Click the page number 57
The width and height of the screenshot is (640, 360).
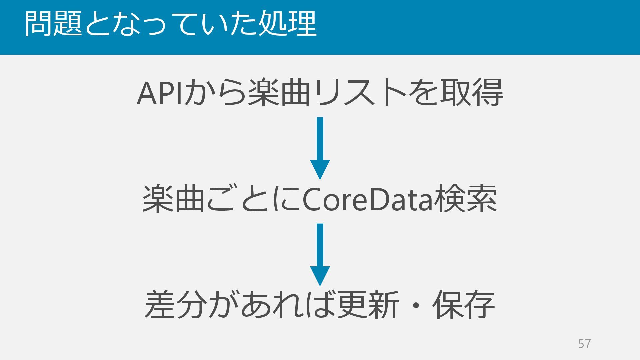584,344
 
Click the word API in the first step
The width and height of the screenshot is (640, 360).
160,94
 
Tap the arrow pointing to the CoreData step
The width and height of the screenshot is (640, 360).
320,148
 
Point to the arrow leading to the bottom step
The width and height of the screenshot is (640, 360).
320,255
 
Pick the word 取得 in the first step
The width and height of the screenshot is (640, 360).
471,93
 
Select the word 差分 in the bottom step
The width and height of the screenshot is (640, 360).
175,305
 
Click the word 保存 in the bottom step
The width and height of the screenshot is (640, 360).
463,305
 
